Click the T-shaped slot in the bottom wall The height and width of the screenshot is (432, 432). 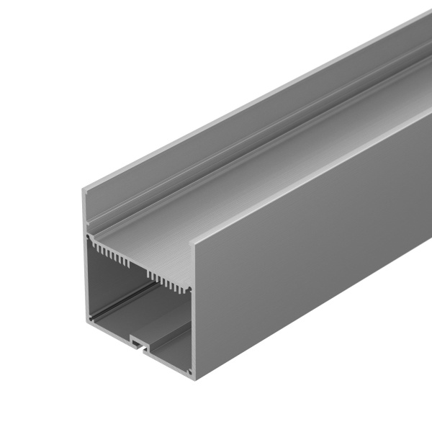(x=138, y=347)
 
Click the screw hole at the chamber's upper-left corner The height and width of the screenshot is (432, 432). (x=89, y=237)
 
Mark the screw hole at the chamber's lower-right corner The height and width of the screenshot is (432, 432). (x=189, y=372)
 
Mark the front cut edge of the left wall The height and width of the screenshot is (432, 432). (x=86, y=274)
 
